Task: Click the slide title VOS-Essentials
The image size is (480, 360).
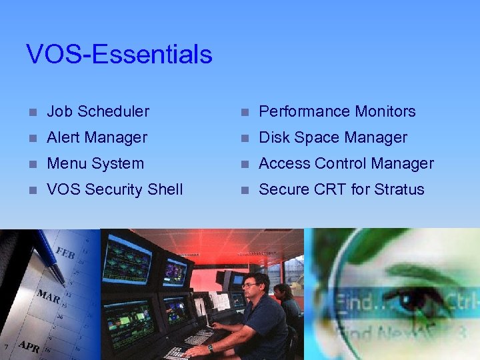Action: click(x=119, y=55)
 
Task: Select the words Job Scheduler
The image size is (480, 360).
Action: click(x=98, y=111)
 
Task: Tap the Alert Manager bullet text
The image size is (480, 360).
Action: click(x=97, y=137)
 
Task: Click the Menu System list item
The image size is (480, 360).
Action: click(x=95, y=163)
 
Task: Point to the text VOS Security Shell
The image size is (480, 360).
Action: click(x=115, y=189)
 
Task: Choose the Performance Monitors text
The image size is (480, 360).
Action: click(x=337, y=111)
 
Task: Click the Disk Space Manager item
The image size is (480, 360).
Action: click(x=333, y=137)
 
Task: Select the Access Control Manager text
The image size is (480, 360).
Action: click(x=346, y=163)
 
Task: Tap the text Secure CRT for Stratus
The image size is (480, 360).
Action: click(x=341, y=189)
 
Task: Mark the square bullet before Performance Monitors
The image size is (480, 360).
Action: click(x=245, y=112)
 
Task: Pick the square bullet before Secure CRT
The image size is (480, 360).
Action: click(x=245, y=190)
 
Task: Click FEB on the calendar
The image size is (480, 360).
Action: click(x=65, y=255)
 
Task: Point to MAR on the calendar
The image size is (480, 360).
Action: click(x=49, y=297)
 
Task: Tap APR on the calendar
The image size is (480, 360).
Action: click(x=28, y=346)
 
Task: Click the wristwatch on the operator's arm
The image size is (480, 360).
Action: click(x=209, y=347)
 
